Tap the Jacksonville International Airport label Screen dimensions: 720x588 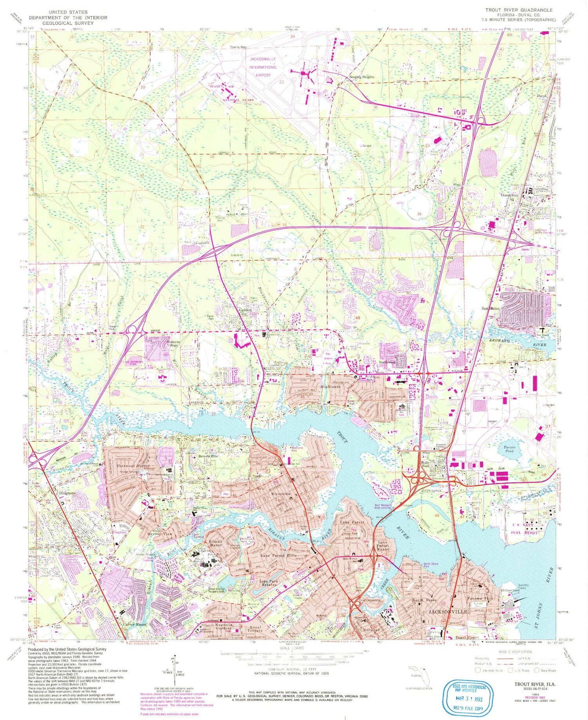coord(263,67)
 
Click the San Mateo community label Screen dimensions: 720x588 coord(490,308)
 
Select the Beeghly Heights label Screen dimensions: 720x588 coord(361,77)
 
